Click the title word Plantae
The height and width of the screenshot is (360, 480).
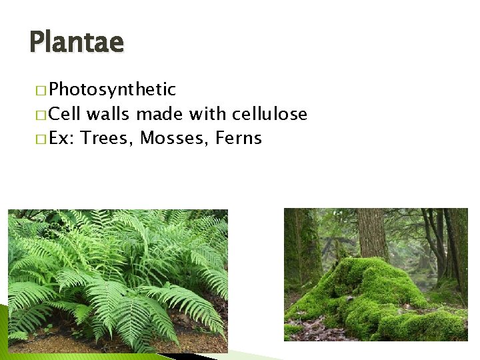[x=77, y=43]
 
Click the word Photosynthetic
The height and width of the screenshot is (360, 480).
[x=112, y=89]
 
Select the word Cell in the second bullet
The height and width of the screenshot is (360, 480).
[x=65, y=114]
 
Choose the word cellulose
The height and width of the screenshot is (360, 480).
[x=268, y=114]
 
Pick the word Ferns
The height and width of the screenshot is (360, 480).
[x=238, y=139]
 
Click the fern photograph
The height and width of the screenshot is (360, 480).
[x=117, y=280]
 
